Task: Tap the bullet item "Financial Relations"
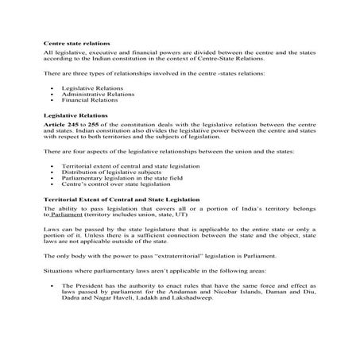tap(84, 100)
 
